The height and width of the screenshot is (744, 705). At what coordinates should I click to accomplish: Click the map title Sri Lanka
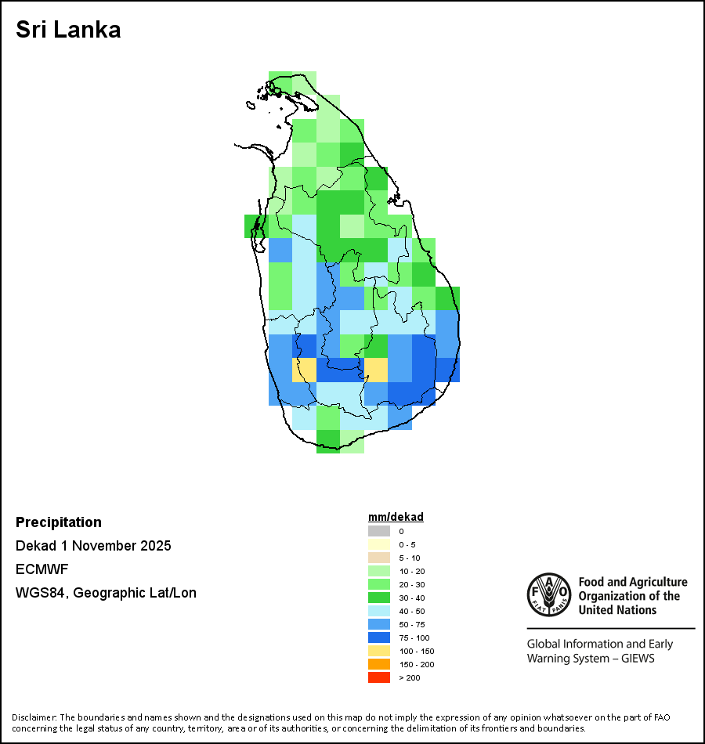68,30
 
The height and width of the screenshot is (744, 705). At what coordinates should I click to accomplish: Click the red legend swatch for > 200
379,677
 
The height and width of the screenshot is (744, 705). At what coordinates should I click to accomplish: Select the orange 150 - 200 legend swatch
379,664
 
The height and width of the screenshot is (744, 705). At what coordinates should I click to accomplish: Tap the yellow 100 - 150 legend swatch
379,651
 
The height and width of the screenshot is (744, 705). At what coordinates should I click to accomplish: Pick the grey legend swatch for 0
379,531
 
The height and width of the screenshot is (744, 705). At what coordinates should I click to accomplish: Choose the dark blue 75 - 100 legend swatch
379,637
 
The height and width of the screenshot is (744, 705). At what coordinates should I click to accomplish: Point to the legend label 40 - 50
412,611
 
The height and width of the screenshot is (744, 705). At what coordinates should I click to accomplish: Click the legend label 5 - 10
410,558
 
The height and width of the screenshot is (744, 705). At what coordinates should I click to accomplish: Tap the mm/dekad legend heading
396,517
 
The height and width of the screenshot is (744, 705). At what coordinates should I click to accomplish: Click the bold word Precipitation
59,522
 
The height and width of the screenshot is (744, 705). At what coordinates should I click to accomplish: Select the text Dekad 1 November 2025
93,546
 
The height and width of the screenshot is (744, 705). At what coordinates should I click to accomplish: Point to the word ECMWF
42,569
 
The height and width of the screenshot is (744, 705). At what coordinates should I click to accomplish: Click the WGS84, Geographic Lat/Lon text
106,593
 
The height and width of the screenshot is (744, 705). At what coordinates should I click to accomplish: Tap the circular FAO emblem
548,596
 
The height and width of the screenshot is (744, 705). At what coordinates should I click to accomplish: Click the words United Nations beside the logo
618,609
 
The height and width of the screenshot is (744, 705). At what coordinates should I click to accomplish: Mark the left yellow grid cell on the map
304,370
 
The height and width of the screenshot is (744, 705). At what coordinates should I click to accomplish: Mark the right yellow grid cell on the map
376,370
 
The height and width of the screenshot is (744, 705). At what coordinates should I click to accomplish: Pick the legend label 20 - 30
412,584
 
